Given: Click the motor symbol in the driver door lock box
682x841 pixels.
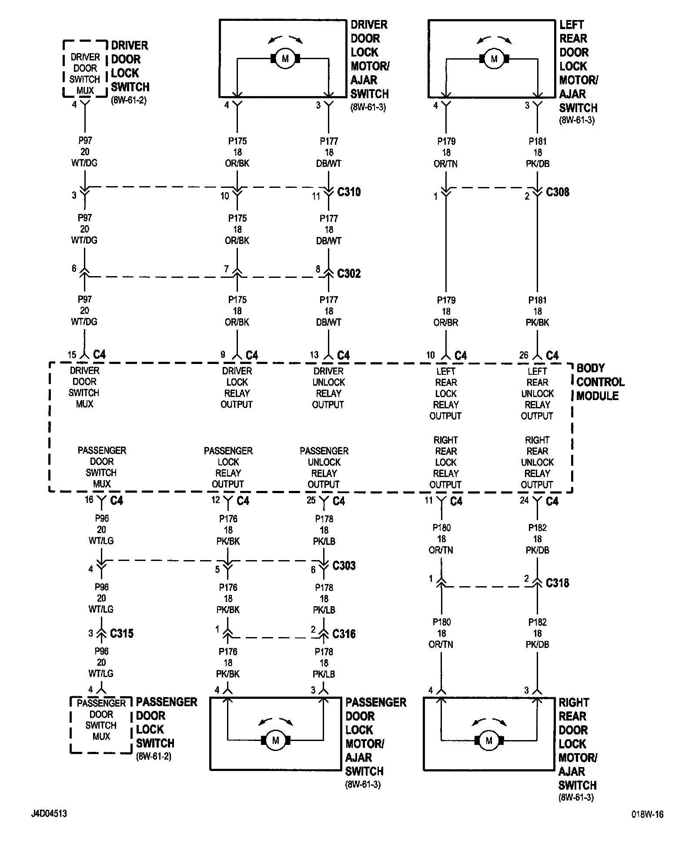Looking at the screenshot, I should click(285, 58).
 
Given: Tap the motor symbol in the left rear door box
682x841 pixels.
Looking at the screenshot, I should click(494, 58).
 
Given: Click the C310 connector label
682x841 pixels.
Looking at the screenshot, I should click(349, 192).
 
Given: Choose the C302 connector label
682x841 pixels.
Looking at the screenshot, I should click(349, 274).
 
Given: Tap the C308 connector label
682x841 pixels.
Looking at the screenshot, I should click(557, 192).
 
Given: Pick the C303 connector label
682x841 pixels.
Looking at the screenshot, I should click(344, 566).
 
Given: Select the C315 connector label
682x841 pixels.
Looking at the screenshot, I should click(122, 634).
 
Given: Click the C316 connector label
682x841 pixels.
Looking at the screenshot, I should click(344, 634).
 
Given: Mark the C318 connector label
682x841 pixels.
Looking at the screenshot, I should click(557, 583).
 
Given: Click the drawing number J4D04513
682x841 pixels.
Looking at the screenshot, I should click(49, 814).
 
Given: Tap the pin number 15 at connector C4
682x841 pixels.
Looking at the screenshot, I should click(72, 355).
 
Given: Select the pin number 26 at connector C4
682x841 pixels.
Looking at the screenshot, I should click(524, 355).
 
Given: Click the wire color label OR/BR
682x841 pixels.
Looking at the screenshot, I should click(446, 323).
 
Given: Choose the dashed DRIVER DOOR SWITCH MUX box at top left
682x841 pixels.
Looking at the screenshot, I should click(85, 69).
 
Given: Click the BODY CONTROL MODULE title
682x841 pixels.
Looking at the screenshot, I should click(600, 382).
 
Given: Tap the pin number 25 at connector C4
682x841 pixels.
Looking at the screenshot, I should click(311, 500).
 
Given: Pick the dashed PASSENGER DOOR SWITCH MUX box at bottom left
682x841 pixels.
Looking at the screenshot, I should click(101, 724).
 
